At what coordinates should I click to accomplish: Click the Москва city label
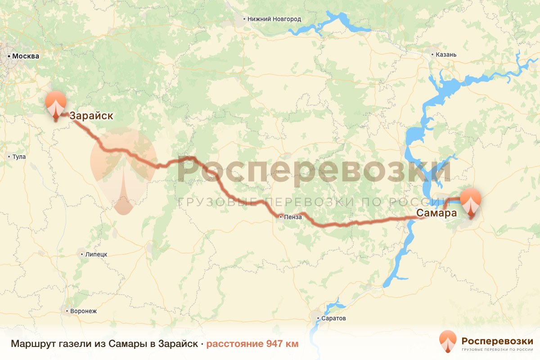tap(26, 56)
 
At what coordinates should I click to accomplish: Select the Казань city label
tap(446, 55)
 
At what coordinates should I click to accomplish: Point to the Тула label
tap(19, 157)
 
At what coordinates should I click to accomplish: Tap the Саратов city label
tap(333, 318)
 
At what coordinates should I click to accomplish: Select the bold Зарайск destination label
tap(91, 116)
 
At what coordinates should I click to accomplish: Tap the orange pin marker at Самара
tap(471, 202)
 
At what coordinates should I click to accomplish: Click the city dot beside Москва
tap(9, 56)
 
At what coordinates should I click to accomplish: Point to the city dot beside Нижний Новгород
tap(244, 19)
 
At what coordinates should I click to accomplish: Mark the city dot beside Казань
tap(432, 55)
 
